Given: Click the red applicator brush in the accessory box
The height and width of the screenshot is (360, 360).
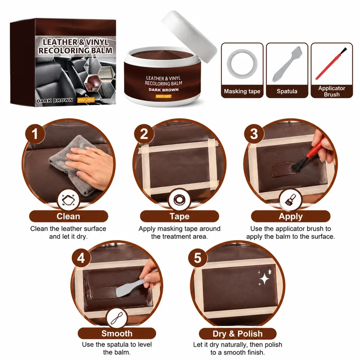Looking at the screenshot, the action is (331, 64).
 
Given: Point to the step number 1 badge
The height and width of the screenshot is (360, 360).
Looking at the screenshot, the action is (35, 134).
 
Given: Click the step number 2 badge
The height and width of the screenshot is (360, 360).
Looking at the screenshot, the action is (144, 134).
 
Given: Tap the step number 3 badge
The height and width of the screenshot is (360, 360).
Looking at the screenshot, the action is (254, 134).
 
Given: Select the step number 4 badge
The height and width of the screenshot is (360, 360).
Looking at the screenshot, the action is (81, 258).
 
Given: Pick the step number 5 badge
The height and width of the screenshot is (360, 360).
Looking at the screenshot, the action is (198, 258).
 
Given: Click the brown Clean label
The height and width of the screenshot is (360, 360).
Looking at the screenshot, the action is (68, 216).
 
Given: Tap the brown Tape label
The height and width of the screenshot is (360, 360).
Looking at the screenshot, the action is (179, 216).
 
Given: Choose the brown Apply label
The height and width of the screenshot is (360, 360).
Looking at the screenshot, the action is (291, 216).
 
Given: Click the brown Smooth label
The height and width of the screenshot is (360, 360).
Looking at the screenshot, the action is (117, 333).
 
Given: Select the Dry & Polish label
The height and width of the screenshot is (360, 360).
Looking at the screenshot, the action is (238, 334).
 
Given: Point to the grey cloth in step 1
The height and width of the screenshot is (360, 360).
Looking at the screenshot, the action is (69, 161).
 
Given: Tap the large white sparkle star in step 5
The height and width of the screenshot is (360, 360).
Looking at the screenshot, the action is (265, 279).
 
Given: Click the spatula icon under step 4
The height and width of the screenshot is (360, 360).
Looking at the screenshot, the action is (117, 319).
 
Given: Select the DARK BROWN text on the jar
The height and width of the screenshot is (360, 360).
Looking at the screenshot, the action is (163, 90).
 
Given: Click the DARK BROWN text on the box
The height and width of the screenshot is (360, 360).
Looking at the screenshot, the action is (55, 100).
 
